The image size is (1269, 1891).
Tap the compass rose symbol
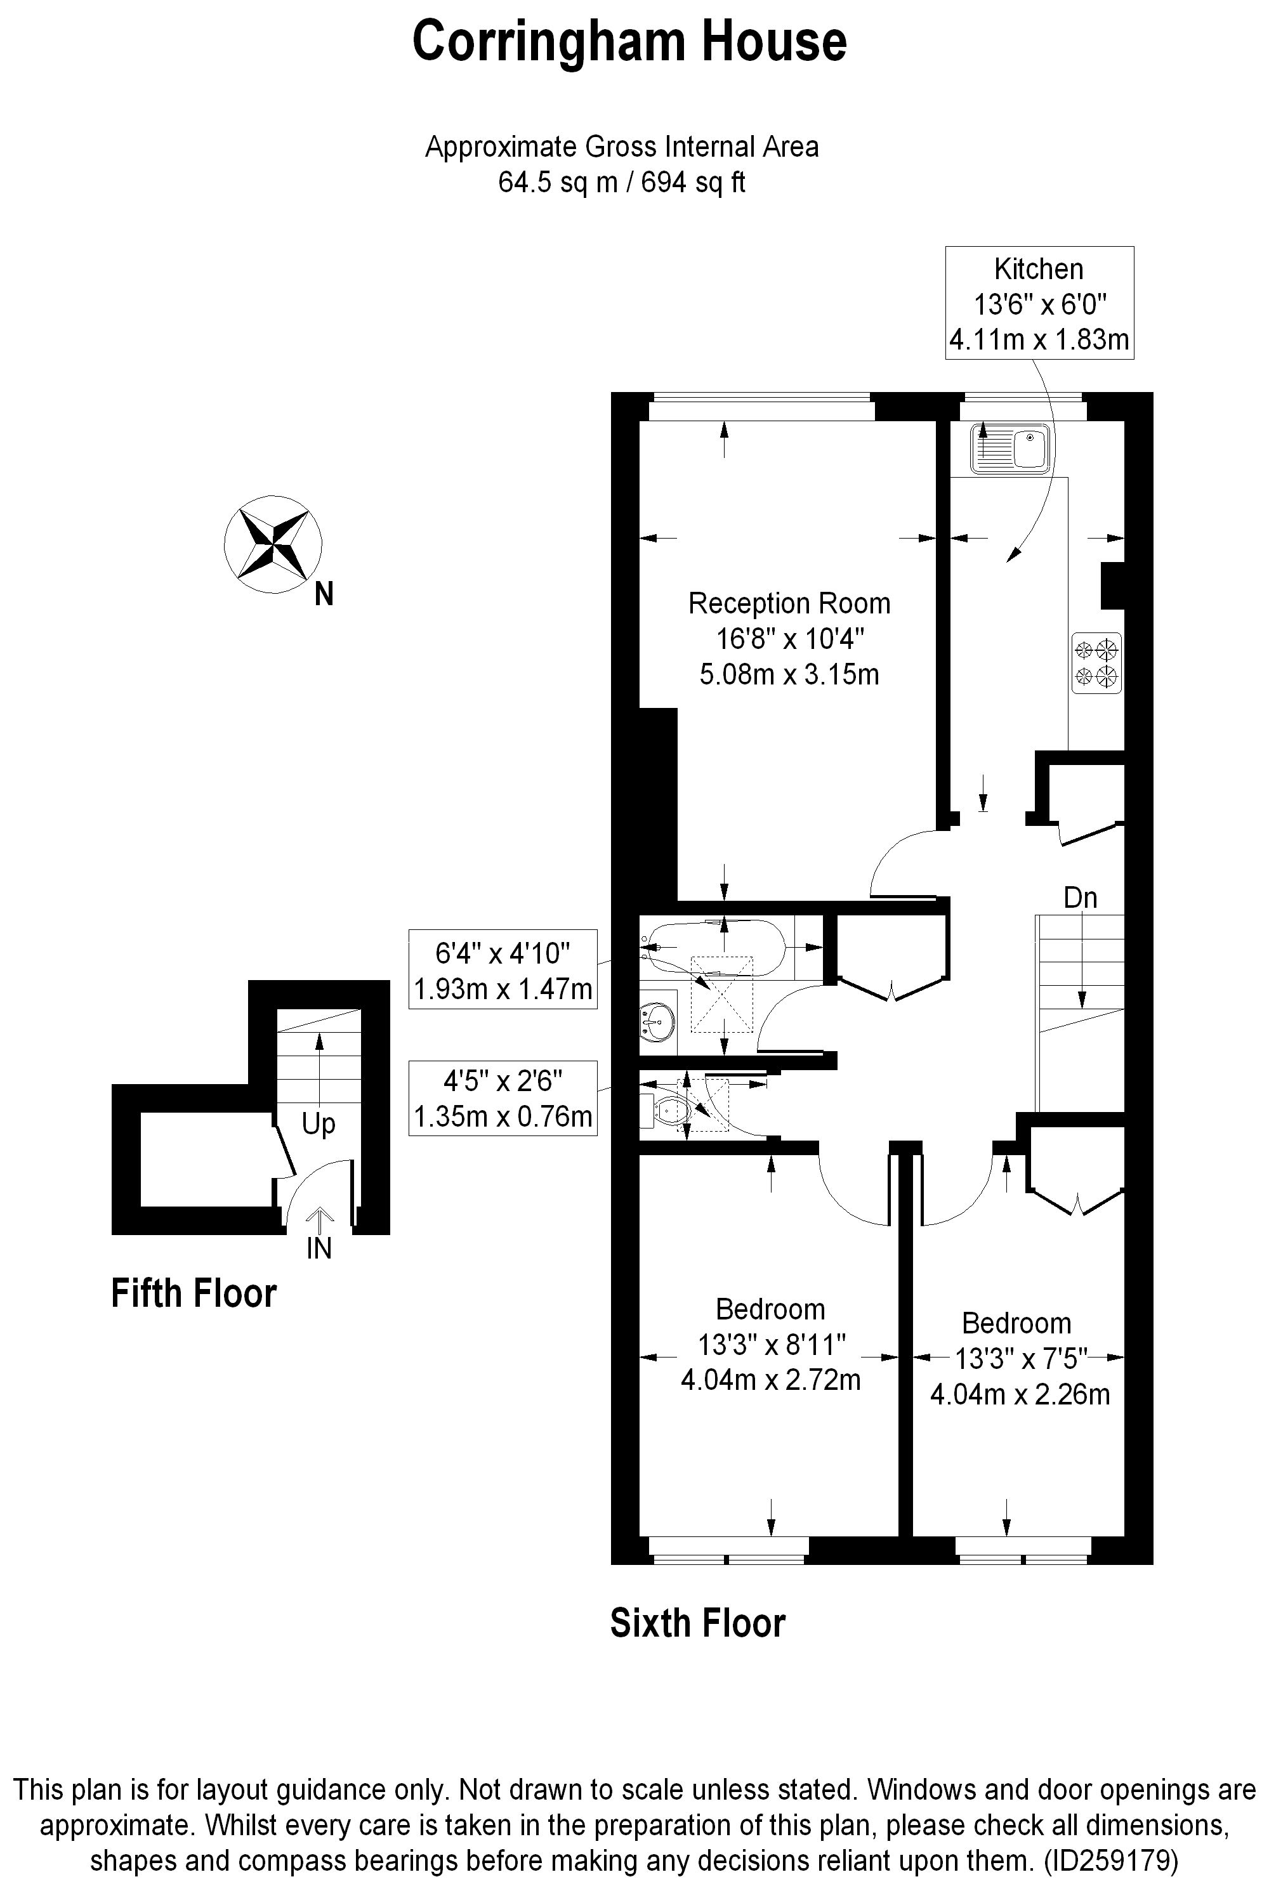tap(273, 544)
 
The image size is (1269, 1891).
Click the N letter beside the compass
tap(324, 596)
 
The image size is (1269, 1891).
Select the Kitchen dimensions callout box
tap(1039, 303)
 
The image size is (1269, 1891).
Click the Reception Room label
tap(789, 603)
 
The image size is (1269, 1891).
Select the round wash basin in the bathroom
tap(656, 1022)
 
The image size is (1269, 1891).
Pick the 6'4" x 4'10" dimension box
tap(503, 969)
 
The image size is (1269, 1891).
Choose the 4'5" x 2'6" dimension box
tap(503, 1098)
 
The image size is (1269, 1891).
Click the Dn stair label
tap(1080, 898)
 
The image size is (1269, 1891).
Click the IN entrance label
tap(319, 1248)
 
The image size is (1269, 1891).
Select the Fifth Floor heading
tap(194, 1293)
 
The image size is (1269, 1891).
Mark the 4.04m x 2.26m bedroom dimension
tap(1020, 1395)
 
